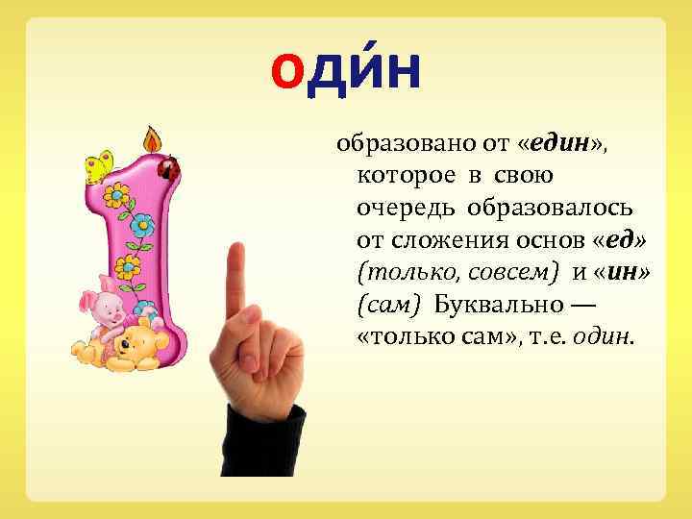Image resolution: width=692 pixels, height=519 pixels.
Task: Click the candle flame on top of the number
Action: click(x=151, y=138)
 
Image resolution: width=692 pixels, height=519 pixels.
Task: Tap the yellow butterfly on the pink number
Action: click(x=98, y=164)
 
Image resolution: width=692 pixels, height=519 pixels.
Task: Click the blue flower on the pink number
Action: click(x=142, y=227)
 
